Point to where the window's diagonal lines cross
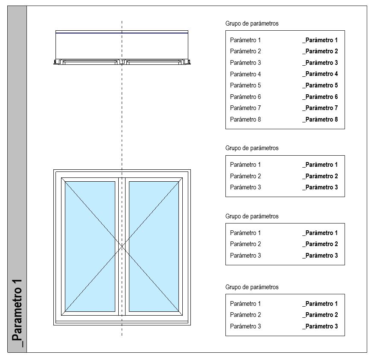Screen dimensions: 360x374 click(x=122, y=246)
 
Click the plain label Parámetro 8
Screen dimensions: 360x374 click(x=245, y=119)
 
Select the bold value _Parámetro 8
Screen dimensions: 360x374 click(x=320, y=119)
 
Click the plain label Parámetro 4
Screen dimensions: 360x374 click(x=245, y=74)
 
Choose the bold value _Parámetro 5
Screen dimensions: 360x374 click(x=320, y=85)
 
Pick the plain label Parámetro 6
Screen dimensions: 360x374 click(x=245, y=97)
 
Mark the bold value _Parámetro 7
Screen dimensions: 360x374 click(x=320, y=108)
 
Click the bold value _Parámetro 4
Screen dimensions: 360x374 click(x=320, y=74)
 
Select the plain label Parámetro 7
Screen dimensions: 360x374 click(x=245, y=108)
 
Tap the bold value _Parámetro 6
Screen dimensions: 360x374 click(x=320, y=97)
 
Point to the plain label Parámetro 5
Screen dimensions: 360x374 click(x=245, y=85)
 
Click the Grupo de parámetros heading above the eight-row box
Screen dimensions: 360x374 click(x=251, y=23)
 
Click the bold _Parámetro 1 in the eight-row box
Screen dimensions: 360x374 click(x=320, y=40)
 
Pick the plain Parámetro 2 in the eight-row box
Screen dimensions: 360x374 click(x=245, y=51)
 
